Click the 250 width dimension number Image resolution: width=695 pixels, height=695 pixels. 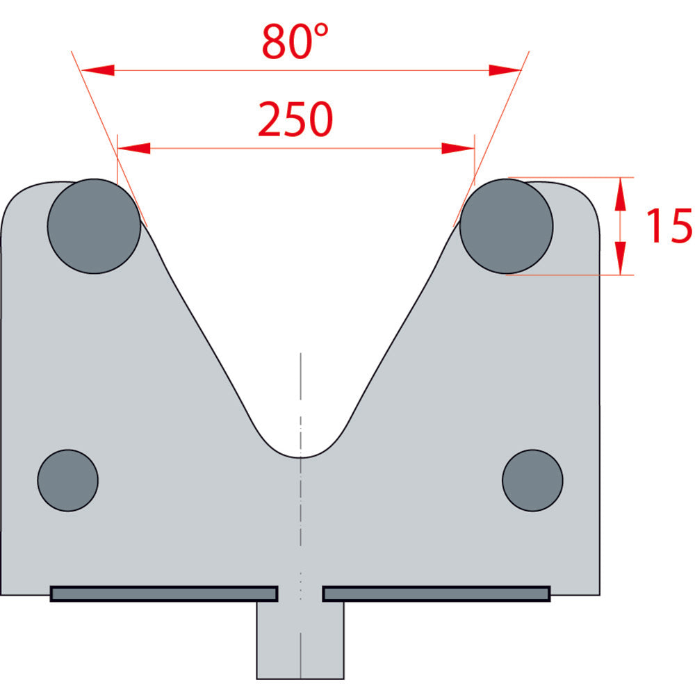295,119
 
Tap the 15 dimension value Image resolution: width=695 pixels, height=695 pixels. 669,225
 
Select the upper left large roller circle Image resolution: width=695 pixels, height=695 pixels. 94,226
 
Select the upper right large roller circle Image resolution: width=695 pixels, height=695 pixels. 506,226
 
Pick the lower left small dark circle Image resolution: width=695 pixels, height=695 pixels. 68,480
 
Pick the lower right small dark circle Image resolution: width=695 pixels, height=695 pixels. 533,480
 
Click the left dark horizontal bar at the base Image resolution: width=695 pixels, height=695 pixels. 164,594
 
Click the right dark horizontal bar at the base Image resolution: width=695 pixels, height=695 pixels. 436,594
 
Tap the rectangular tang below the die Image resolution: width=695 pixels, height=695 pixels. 300,639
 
